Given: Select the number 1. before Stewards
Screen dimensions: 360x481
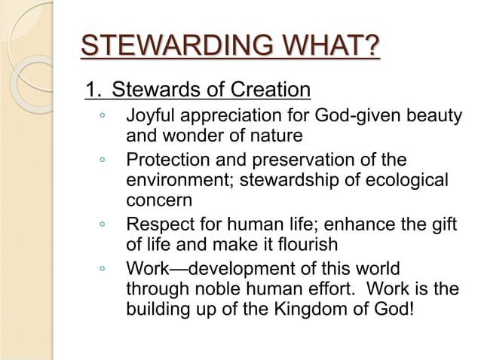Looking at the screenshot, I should point(93,91).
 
